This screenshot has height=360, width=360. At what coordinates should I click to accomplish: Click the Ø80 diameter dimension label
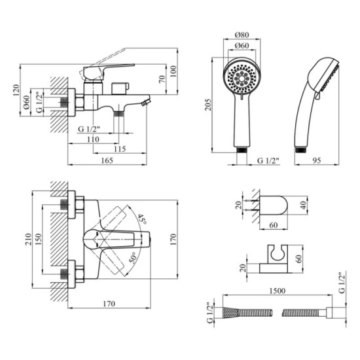[x=242, y=35]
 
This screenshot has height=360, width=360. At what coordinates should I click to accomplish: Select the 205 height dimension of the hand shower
[x=208, y=105]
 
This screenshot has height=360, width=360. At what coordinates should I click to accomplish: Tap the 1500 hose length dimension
[x=278, y=291]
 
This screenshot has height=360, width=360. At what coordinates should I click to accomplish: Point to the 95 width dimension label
[x=316, y=160]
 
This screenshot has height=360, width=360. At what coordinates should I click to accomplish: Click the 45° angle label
[x=142, y=219]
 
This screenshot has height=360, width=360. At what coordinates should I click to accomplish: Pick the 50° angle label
[x=134, y=257]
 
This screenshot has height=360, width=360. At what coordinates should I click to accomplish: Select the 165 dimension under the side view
[x=107, y=160]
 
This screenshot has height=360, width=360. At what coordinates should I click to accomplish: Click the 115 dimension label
[x=120, y=149]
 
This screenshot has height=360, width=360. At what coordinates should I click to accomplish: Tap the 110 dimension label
[x=93, y=139]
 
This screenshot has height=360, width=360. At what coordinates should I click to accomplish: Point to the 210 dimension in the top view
[x=28, y=239]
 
